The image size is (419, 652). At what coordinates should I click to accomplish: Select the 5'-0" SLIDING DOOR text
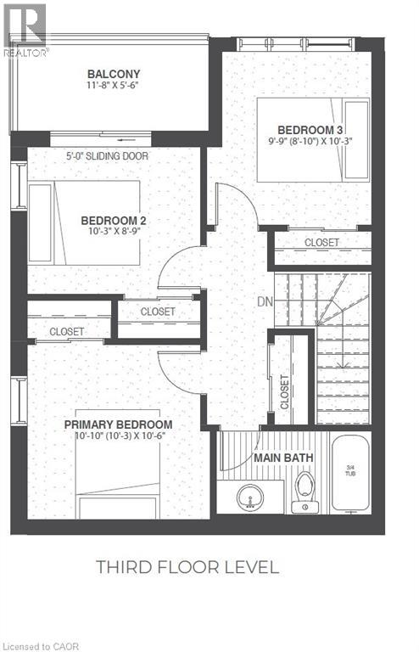[108, 156]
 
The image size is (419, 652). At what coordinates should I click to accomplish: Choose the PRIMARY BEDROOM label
[118, 424]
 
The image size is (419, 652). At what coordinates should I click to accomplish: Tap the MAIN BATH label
[284, 458]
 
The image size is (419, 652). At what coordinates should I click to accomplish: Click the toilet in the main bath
[304, 490]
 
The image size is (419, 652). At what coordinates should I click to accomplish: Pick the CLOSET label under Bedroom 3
[321, 243]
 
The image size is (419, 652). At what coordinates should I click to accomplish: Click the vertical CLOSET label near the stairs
[285, 392]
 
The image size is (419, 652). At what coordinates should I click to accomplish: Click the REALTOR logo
[25, 30]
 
